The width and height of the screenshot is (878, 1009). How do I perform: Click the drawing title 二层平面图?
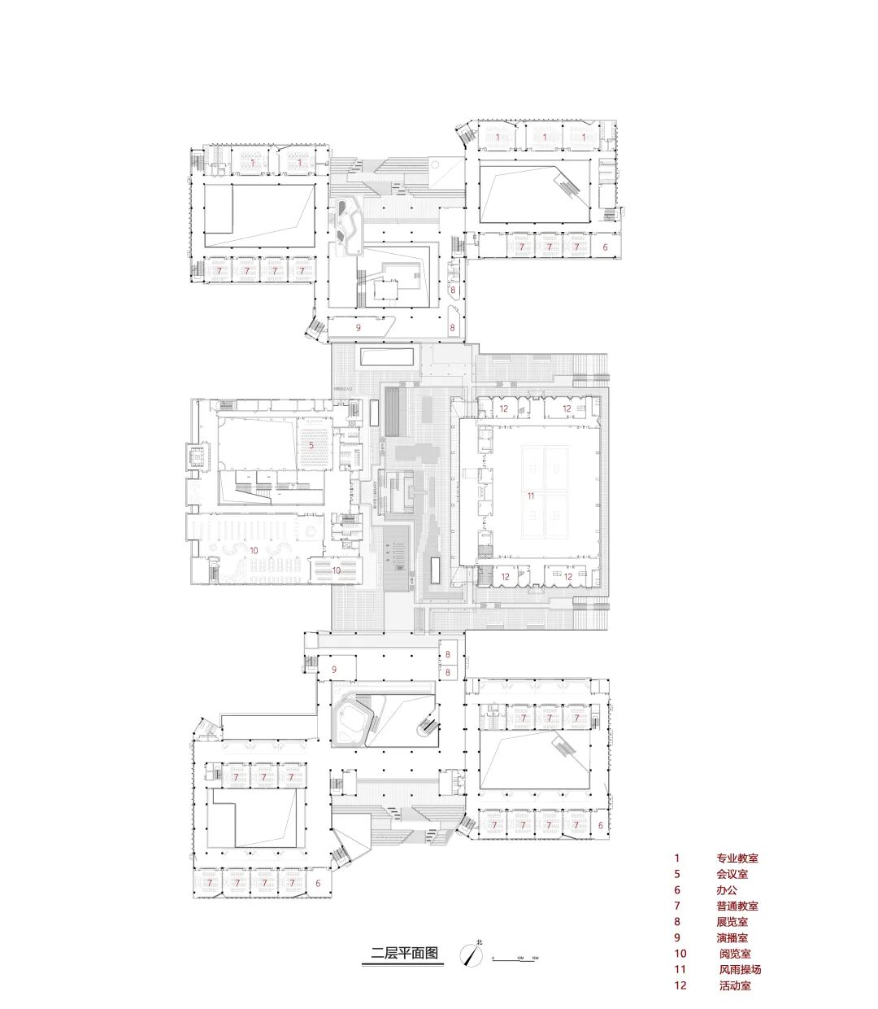click(x=404, y=954)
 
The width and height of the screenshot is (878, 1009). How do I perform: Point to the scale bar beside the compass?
click(x=515, y=957)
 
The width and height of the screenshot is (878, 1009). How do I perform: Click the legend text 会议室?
click(x=732, y=874)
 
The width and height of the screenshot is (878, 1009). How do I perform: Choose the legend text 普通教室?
click(x=737, y=906)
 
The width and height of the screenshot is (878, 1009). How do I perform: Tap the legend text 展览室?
click(x=732, y=922)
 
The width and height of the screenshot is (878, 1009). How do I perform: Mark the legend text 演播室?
click(x=732, y=937)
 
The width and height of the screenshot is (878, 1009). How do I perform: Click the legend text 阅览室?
click(x=735, y=954)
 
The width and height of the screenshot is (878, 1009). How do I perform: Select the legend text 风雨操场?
click(x=740, y=969)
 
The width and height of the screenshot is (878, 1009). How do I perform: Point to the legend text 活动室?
click(x=735, y=985)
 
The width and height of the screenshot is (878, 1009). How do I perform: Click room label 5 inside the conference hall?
click(x=311, y=445)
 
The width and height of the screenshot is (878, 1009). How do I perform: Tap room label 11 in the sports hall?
click(x=530, y=496)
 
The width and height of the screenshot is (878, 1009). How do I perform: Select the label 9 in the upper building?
click(x=358, y=326)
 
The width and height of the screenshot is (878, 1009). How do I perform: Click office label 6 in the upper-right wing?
click(x=603, y=246)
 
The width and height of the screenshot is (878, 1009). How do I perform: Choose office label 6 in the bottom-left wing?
click(x=318, y=883)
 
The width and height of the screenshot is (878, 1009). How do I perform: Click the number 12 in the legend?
click(x=680, y=985)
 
